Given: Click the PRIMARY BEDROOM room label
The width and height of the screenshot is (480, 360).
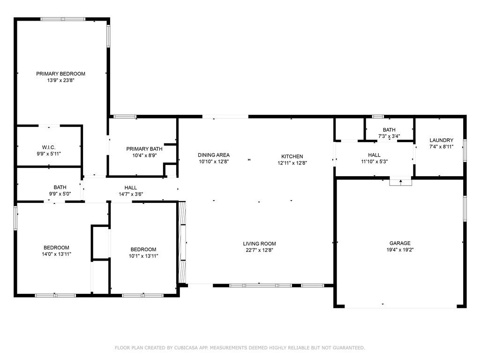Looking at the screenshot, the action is [x=60, y=74].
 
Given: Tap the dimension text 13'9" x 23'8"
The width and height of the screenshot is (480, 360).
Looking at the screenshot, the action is [x=60, y=81].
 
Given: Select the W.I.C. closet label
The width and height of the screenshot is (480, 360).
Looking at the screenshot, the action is [x=49, y=148].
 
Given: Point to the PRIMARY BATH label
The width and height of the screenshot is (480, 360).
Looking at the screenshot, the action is [x=144, y=149].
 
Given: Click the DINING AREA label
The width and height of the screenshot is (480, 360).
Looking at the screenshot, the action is [x=214, y=155].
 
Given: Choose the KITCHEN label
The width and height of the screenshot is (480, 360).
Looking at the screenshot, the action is [x=292, y=157].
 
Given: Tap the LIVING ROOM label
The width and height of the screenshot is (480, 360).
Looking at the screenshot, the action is [x=259, y=244].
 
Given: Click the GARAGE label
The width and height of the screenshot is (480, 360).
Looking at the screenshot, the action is [x=400, y=243].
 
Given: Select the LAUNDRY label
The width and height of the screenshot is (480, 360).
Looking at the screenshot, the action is [x=441, y=141].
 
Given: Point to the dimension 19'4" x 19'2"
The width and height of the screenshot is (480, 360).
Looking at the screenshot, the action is [x=400, y=250].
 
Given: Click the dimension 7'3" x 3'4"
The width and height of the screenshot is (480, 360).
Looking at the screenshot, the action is [x=389, y=136].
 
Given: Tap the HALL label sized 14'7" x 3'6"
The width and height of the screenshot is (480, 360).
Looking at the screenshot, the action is [x=131, y=187].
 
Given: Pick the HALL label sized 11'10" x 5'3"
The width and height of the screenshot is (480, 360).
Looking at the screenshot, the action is [x=374, y=155].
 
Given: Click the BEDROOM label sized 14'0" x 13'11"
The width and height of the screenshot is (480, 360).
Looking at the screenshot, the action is [x=56, y=247].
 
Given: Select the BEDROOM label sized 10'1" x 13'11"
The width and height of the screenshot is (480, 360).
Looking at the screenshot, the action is [x=143, y=249].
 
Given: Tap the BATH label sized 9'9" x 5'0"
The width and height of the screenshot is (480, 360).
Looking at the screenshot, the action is [x=60, y=187].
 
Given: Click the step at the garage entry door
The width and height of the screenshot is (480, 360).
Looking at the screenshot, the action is [x=400, y=182].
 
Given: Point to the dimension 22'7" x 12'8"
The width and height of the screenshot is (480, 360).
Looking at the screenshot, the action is [x=259, y=250].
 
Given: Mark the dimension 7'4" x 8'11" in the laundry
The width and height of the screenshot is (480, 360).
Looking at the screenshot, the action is [x=441, y=147].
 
